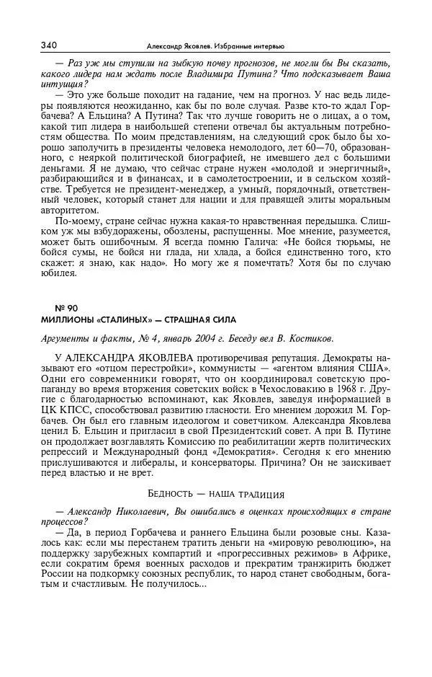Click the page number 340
click(49, 45)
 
